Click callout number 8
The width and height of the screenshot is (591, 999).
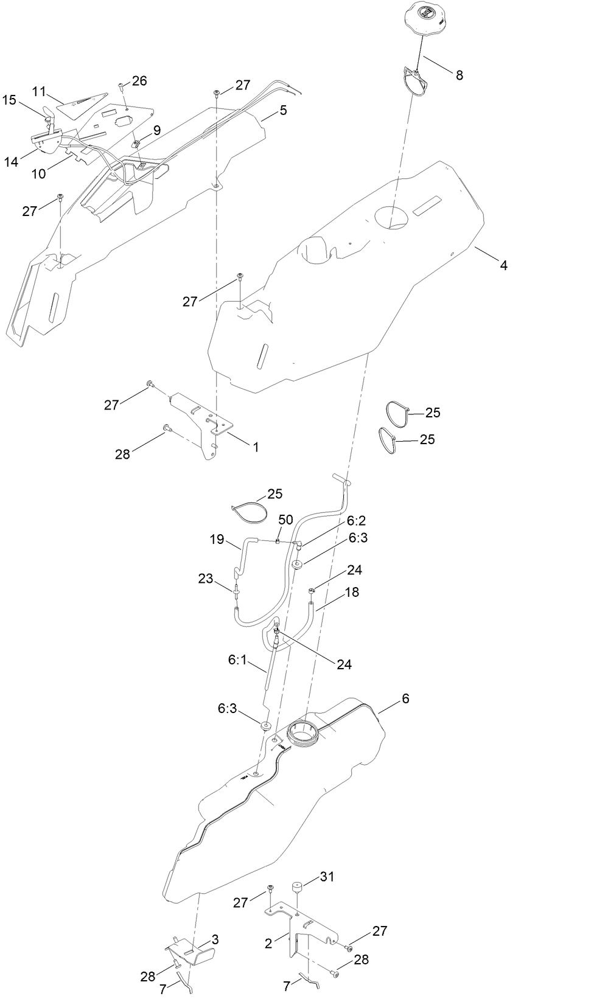point(459,75)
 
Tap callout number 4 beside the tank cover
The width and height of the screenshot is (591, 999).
point(503,265)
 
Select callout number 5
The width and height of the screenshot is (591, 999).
point(283,110)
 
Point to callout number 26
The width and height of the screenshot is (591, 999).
point(139,81)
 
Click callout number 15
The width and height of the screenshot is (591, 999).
point(9,100)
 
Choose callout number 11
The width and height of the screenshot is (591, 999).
point(40,91)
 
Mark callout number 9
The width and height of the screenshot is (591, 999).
point(157,130)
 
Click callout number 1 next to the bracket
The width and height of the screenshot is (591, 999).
point(256,447)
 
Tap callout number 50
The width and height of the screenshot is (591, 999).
point(285,520)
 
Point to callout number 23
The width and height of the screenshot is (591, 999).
point(206,578)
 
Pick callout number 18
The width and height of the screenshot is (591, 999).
point(352,592)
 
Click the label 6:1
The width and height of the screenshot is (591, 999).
point(237,660)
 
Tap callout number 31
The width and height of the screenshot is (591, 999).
point(327,877)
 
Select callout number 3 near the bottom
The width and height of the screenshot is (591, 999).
point(215,940)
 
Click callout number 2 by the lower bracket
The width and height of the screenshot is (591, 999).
point(268,944)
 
